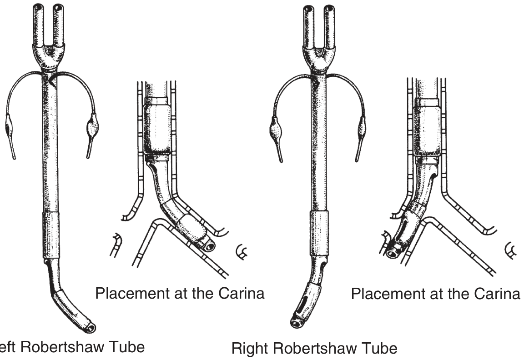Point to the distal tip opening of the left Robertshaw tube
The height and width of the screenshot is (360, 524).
(x=91, y=327)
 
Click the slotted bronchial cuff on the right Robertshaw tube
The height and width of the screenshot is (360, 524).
(x=306, y=300)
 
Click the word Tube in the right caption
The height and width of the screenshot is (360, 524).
(x=380, y=349)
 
